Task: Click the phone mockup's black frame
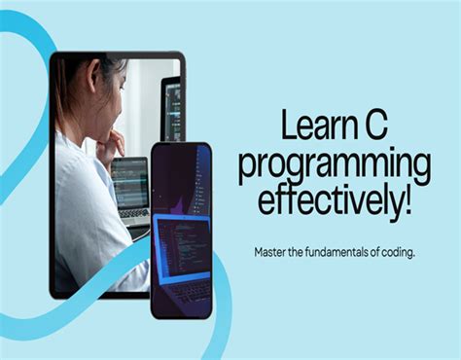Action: pos(153,243)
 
